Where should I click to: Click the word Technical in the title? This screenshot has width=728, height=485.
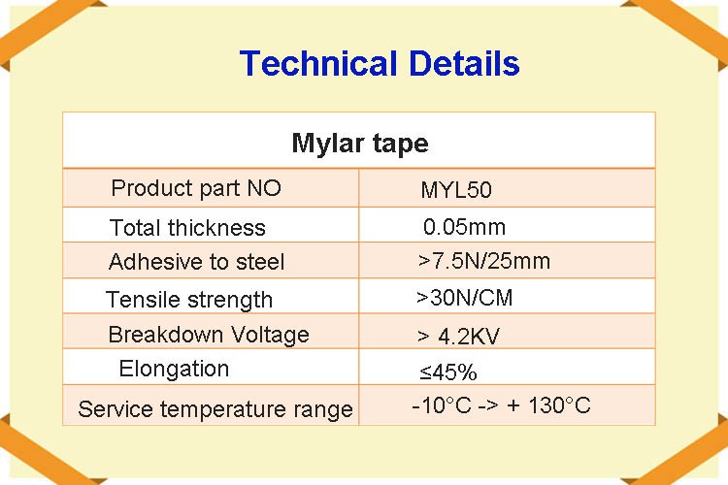pos(319,63)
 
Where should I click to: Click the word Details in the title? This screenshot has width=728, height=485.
pos(464,63)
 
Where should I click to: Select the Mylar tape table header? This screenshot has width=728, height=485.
pos(360,144)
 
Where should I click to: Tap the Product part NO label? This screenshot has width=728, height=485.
pos(196,188)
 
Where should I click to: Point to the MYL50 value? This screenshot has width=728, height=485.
pos(456,190)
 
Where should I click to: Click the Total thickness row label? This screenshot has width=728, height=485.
pos(187,228)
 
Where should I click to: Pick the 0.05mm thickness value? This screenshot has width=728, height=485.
pos(464,227)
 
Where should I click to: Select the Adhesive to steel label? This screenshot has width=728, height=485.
pos(196,262)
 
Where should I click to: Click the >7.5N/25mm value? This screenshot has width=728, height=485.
pos(483,261)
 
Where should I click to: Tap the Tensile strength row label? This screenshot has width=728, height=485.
pos(189,300)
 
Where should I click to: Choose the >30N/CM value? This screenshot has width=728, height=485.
pos(464,298)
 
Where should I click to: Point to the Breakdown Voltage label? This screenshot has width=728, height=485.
pos(209,335)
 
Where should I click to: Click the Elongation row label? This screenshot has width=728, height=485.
pos(174,370)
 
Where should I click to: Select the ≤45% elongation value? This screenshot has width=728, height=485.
pos(448,372)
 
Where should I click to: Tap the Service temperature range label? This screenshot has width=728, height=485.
pos(215,409)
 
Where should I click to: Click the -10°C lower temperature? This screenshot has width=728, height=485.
pos(442,405)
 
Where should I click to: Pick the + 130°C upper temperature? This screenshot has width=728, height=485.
pos(548,405)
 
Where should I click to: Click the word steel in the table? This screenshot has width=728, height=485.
pos(260,262)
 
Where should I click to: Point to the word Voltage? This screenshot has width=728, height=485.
pos(270,335)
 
